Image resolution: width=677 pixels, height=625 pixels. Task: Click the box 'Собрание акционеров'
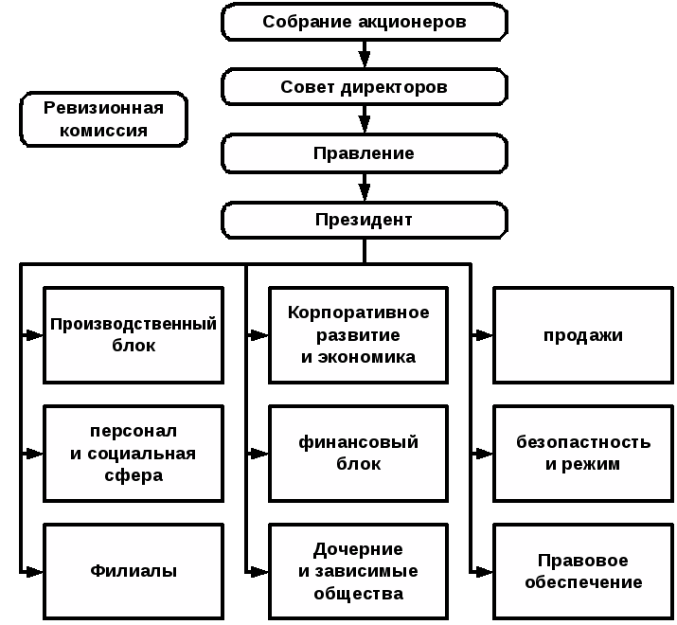[x=365, y=22]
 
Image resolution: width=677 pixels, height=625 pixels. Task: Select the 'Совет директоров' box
[x=365, y=87]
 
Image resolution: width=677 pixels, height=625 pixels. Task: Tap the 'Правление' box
[x=365, y=153]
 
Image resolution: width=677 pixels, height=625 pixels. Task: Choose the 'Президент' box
[x=365, y=220]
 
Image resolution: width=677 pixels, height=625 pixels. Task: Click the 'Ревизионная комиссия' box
[x=103, y=119]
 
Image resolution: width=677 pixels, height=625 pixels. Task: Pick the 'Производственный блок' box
[x=134, y=335]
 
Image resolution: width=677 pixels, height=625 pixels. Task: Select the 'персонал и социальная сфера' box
[x=134, y=454]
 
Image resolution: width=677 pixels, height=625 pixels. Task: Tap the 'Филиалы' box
[x=134, y=571]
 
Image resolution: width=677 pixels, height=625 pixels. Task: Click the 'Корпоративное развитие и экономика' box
[x=358, y=335]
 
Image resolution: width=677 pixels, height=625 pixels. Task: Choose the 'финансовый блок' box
[x=358, y=454]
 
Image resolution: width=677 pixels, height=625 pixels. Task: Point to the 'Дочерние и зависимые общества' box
[x=358, y=571]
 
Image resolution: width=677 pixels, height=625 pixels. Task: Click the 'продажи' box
[x=583, y=335]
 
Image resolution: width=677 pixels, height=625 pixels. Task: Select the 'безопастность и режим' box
[x=583, y=454]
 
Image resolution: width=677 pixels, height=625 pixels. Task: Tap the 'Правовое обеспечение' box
[x=583, y=571]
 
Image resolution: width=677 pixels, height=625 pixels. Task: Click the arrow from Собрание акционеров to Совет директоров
[x=365, y=54]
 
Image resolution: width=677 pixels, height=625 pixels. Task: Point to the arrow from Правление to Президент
[x=365, y=187]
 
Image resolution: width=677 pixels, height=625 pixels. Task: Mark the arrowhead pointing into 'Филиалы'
[x=34, y=572]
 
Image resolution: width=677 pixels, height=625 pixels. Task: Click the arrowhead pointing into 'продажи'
[x=485, y=334]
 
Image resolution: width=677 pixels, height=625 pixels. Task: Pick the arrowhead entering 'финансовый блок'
[x=259, y=454]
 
